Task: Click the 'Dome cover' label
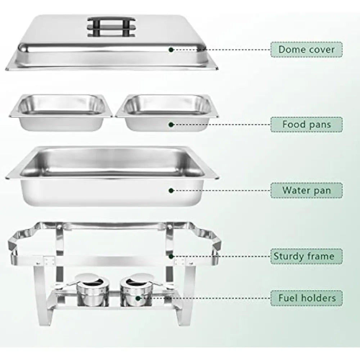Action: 306,49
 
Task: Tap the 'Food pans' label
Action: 306,125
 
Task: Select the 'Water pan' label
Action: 306,190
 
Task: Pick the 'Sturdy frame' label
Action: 306,256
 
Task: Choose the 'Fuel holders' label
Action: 306,298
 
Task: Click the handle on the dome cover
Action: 111,27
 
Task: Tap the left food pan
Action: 61,112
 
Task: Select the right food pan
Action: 167,112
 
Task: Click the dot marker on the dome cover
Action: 171,50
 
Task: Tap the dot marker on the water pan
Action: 171,190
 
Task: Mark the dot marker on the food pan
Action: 171,125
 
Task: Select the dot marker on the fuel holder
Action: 138,298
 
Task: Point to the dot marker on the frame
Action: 171,256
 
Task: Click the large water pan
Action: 112,176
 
